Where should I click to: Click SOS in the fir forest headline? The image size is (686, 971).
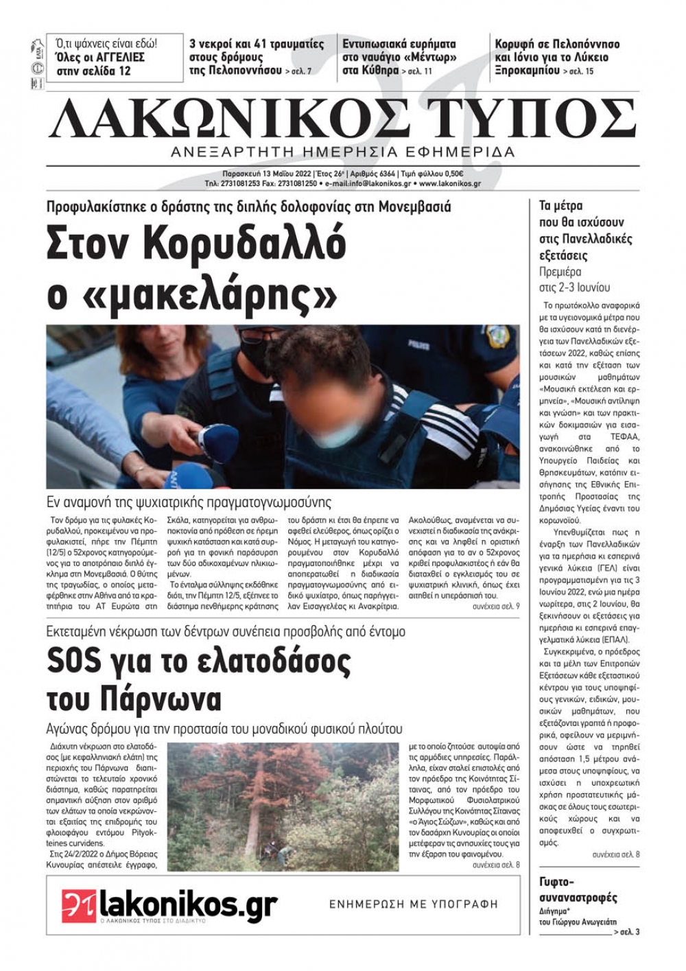(74, 662)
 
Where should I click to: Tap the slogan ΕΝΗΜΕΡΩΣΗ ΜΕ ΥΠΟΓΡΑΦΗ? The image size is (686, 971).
(414, 904)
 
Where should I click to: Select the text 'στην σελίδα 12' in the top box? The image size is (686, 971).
(93, 71)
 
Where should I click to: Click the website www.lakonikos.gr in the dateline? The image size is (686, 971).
(449, 184)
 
